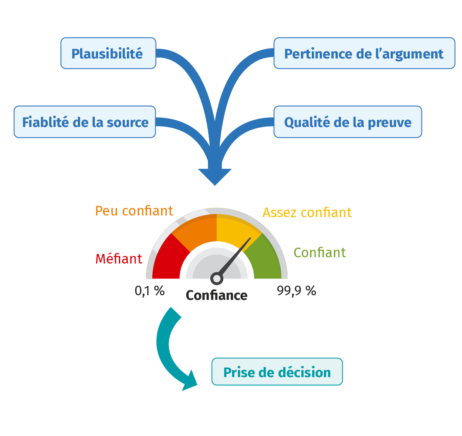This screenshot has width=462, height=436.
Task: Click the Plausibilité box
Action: click(x=108, y=53)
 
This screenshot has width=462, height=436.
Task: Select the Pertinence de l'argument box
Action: click(x=364, y=53)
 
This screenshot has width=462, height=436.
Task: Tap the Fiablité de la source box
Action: click(x=85, y=122)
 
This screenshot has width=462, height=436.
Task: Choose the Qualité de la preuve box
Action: click(x=348, y=122)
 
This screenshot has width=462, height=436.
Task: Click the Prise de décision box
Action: click(x=277, y=372)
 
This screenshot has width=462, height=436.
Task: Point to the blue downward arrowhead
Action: click(x=215, y=176)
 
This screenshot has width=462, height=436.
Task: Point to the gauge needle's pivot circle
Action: click(x=217, y=279)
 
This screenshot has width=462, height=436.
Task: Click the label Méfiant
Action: click(x=119, y=259)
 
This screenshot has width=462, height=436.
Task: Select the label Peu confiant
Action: click(x=134, y=211)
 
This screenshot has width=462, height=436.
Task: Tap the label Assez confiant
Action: click(x=307, y=212)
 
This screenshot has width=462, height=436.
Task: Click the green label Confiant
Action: click(x=320, y=252)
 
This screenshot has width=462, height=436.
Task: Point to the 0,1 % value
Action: click(x=150, y=291)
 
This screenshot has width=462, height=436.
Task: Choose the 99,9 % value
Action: click(x=296, y=291)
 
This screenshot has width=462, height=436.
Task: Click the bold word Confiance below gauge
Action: click(x=217, y=295)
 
